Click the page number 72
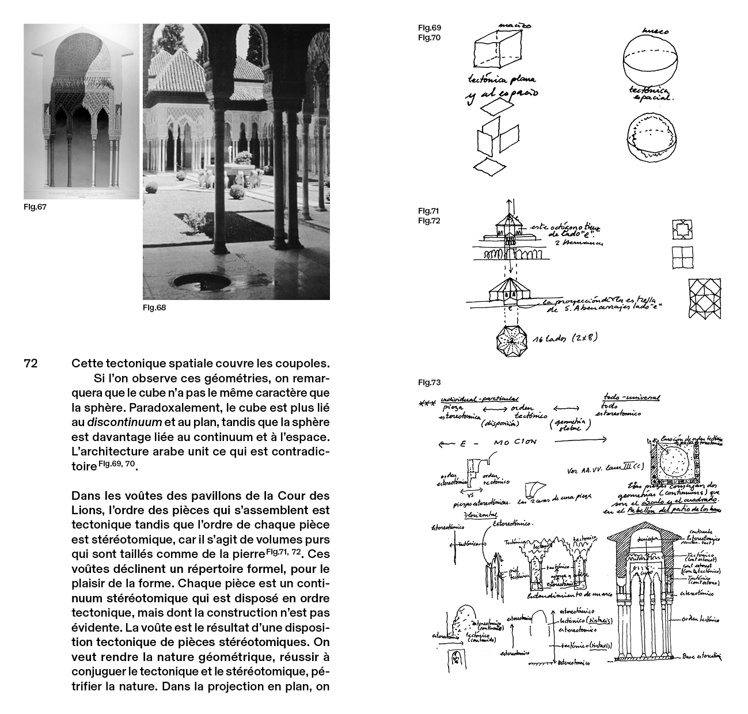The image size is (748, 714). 31,364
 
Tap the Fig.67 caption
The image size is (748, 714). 35,207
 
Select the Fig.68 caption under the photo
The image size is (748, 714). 154,307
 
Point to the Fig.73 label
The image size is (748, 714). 429,382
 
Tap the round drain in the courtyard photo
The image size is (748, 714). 201,281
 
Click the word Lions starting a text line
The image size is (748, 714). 86,510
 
